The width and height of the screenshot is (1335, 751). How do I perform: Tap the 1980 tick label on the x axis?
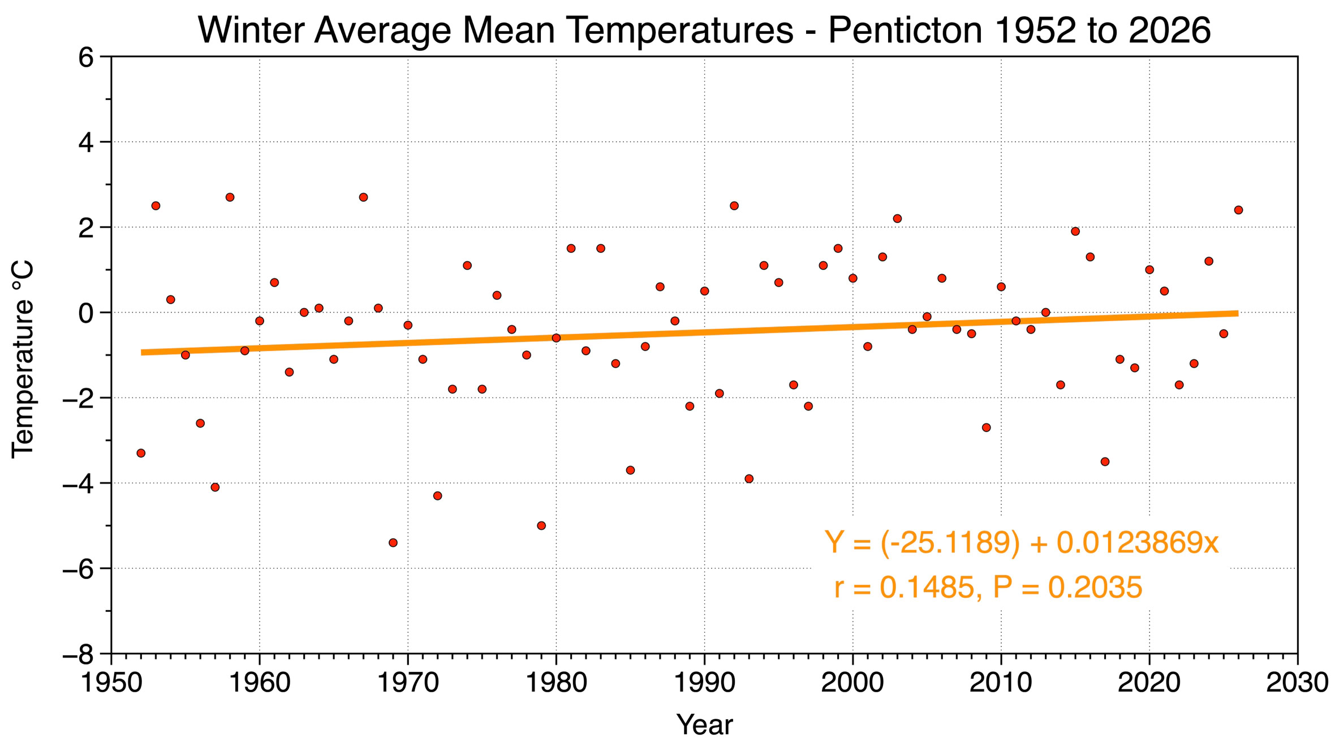[x=557, y=683]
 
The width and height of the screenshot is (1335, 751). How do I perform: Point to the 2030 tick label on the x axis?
[x=1297, y=683]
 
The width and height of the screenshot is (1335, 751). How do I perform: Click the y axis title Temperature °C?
[x=24, y=359]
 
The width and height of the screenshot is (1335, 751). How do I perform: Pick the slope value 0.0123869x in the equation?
[x=1138, y=543]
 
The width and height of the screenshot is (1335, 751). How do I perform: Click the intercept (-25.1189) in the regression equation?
[x=950, y=543]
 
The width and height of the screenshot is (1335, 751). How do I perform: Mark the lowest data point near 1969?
[x=393, y=543]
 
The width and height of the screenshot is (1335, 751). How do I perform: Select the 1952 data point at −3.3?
[x=141, y=453]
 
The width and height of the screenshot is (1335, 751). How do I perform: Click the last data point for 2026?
[x=1238, y=210]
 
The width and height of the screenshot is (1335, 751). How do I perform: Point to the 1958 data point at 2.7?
[x=230, y=197]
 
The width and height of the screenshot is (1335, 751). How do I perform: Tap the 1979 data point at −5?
[x=541, y=525]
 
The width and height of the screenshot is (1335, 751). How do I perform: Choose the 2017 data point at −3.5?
[x=1105, y=461]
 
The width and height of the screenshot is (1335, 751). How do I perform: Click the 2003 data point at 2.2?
[x=897, y=219]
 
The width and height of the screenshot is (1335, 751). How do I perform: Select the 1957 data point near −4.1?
[x=215, y=487]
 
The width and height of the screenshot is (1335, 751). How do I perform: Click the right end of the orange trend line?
[x=1237, y=313]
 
